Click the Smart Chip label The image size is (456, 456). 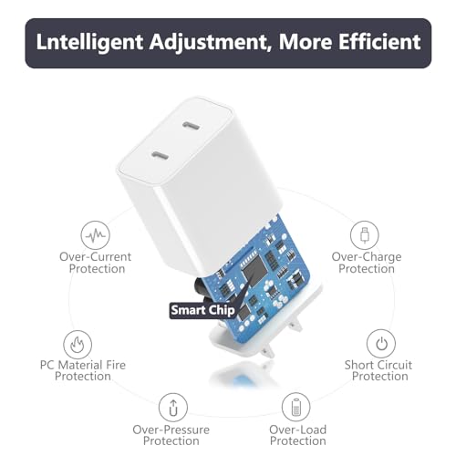pyautogui.click(x=202, y=310)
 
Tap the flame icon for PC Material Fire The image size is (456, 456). pyautogui.click(x=77, y=344)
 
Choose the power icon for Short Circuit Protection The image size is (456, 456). pyautogui.click(x=380, y=344)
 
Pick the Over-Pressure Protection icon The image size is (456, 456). pyautogui.click(x=171, y=406)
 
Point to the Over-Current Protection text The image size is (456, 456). pyautogui.click(x=96, y=263)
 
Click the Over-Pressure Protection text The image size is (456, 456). pyautogui.click(x=171, y=435)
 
